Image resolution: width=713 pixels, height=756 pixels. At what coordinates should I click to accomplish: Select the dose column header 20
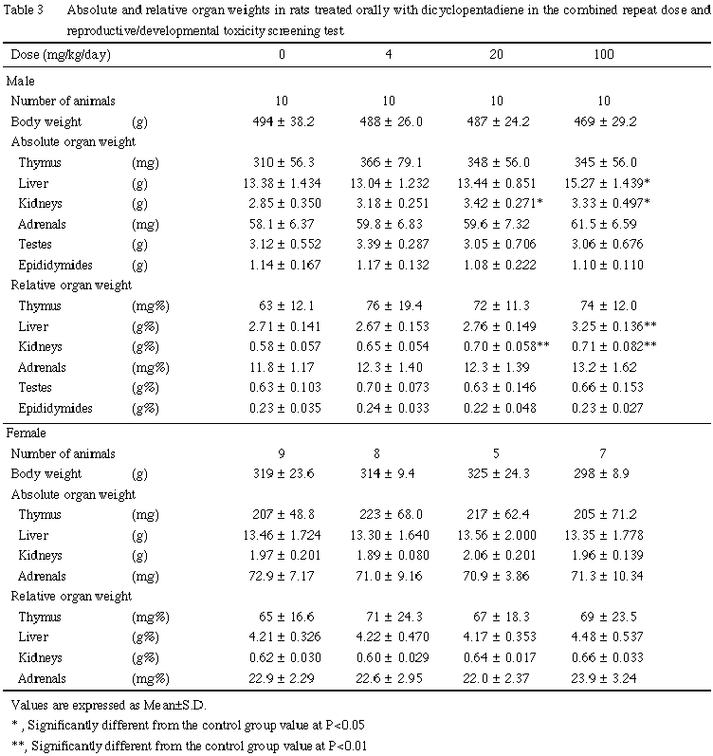click(x=491, y=55)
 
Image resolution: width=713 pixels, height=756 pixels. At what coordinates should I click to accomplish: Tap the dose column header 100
click(x=603, y=55)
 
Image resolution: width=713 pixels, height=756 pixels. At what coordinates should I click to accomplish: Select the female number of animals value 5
click(x=491, y=453)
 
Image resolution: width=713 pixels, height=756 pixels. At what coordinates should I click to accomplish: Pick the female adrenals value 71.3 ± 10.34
click(x=604, y=575)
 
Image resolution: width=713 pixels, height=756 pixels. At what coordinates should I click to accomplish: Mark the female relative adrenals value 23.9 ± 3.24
click(x=604, y=677)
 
